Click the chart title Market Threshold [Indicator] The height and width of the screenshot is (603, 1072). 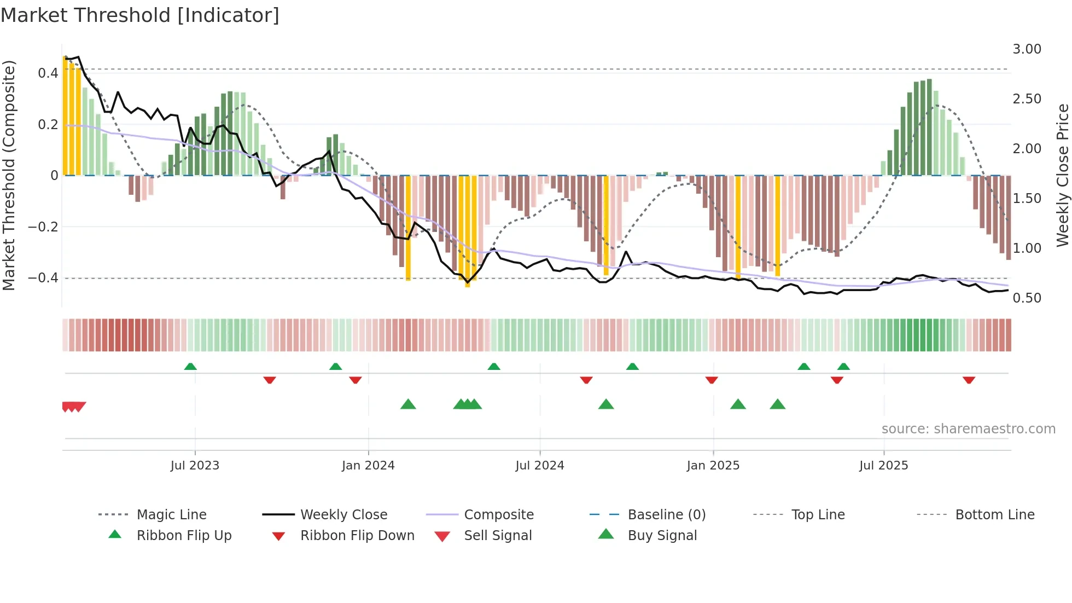coord(140,15)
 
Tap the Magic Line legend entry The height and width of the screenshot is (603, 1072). coord(171,514)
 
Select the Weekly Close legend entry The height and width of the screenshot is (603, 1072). coord(343,514)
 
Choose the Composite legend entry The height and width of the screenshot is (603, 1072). coord(498,514)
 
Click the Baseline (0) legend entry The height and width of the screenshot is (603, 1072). coord(666,514)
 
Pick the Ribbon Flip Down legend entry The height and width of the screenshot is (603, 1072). coord(357,535)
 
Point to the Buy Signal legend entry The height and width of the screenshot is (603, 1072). coord(662,535)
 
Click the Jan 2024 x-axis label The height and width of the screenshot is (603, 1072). coord(368,465)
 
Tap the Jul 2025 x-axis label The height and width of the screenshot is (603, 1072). coord(883,465)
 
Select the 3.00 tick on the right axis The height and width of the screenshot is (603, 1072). coord(1027,49)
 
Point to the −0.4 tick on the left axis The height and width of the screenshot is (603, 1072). coord(43,278)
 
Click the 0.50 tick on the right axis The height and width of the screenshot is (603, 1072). coord(1027,298)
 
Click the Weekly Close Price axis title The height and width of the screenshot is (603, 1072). coord(1062,175)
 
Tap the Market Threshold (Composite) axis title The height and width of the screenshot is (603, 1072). coord(9,175)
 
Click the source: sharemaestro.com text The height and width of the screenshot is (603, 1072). coord(968,429)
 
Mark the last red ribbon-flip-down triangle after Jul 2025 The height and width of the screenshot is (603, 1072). coord(969,380)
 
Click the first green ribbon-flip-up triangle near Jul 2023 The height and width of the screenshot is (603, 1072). coord(190,367)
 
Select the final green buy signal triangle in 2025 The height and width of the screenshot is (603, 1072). coord(777,404)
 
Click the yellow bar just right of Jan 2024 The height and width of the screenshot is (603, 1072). coord(408,227)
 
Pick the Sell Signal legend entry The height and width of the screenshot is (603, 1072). coord(497,535)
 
